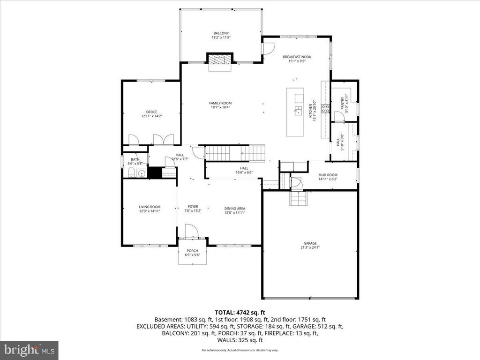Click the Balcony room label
tap(221, 33)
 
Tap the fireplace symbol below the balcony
tap(220, 60)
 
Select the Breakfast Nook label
tap(297, 57)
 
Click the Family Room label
tap(220, 103)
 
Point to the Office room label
tap(151, 112)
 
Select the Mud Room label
tap(328, 175)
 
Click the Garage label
tap(310, 243)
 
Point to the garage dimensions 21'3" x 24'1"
tap(310, 247)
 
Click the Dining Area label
tap(235, 208)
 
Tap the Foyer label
tap(193, 206)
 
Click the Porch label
tap(192, 251)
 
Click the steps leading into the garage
tap(297, 199)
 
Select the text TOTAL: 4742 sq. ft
tap(240, 312)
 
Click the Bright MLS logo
tap(29, 350)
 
